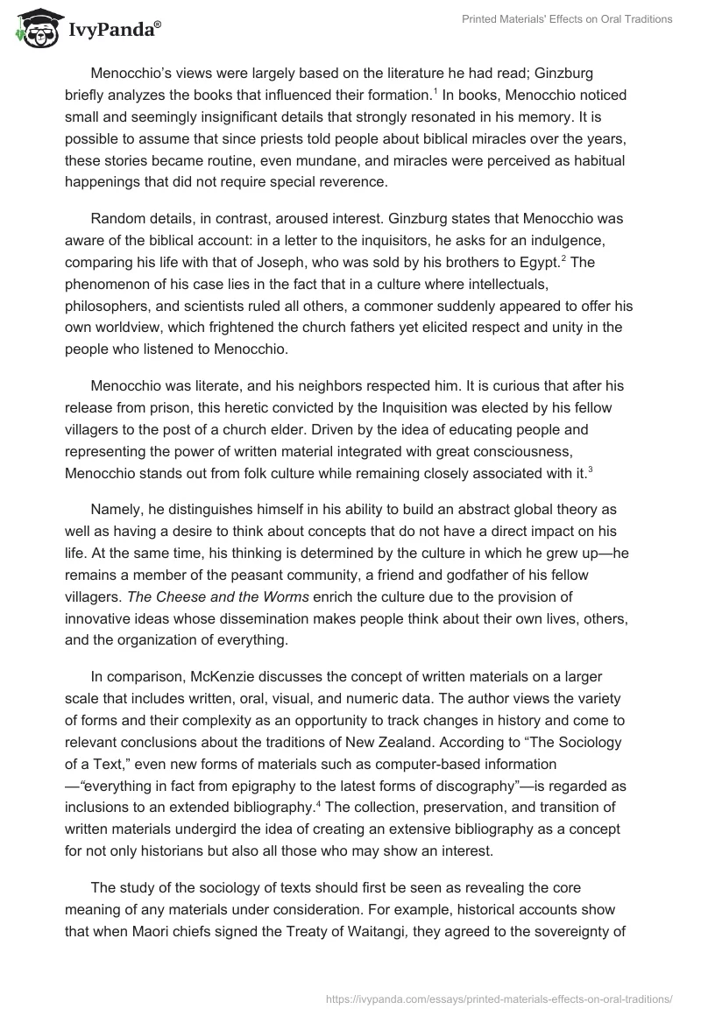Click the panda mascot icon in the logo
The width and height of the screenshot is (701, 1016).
33,30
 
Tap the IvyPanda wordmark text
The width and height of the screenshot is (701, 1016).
112,30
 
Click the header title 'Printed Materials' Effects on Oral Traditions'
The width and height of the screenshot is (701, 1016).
567,19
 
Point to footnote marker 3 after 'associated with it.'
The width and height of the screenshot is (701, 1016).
590,470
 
